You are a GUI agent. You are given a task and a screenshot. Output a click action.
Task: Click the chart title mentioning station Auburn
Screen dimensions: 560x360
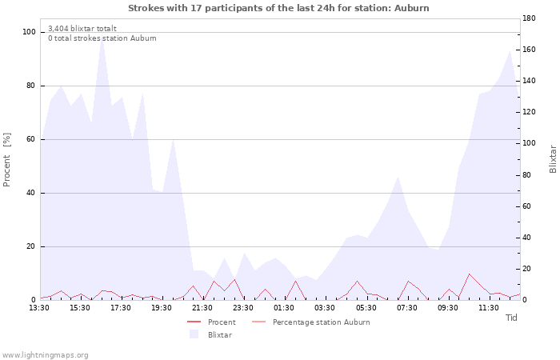pos(278,8)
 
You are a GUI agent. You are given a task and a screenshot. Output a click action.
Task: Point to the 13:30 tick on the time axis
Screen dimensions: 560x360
pos(39,308)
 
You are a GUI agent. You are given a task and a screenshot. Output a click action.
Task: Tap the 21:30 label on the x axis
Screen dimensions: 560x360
pos(202,308)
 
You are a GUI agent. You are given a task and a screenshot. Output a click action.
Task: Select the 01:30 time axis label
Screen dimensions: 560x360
pos(284,308)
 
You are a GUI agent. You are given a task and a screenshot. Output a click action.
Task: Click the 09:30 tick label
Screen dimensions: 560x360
pos(447,308)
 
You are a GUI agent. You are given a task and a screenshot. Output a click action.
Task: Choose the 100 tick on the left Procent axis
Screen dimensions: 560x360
pos(29,32)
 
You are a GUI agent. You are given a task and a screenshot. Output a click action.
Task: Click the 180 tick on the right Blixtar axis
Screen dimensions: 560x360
pos(529,18)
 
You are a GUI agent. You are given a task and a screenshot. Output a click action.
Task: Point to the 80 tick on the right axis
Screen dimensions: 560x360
pos(527,175)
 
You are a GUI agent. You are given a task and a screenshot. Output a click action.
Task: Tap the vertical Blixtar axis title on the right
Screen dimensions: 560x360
pos(553,159)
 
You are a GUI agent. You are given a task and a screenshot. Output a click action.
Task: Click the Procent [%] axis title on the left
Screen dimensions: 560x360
pos(6,159)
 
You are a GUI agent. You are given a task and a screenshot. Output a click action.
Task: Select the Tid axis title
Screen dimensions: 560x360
pos(511,318)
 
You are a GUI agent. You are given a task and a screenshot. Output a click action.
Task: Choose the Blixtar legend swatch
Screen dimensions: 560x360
pos(194,334)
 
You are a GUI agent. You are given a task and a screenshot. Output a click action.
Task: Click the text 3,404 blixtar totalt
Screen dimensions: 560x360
pos(82,28)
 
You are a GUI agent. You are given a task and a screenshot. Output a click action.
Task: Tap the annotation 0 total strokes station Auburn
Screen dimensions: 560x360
pos(102,38)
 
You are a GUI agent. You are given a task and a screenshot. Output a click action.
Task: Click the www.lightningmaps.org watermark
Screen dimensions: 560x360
pos(45,355)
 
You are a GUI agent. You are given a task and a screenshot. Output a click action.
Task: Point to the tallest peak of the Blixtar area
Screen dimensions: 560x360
pos(102,36)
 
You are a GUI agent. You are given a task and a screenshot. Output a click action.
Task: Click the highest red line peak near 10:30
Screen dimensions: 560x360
pos(469,274)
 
